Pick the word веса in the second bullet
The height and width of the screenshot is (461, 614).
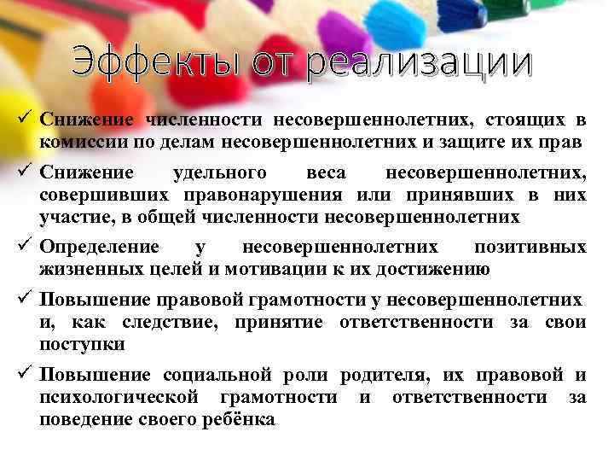326,173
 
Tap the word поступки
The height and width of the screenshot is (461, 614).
81,343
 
